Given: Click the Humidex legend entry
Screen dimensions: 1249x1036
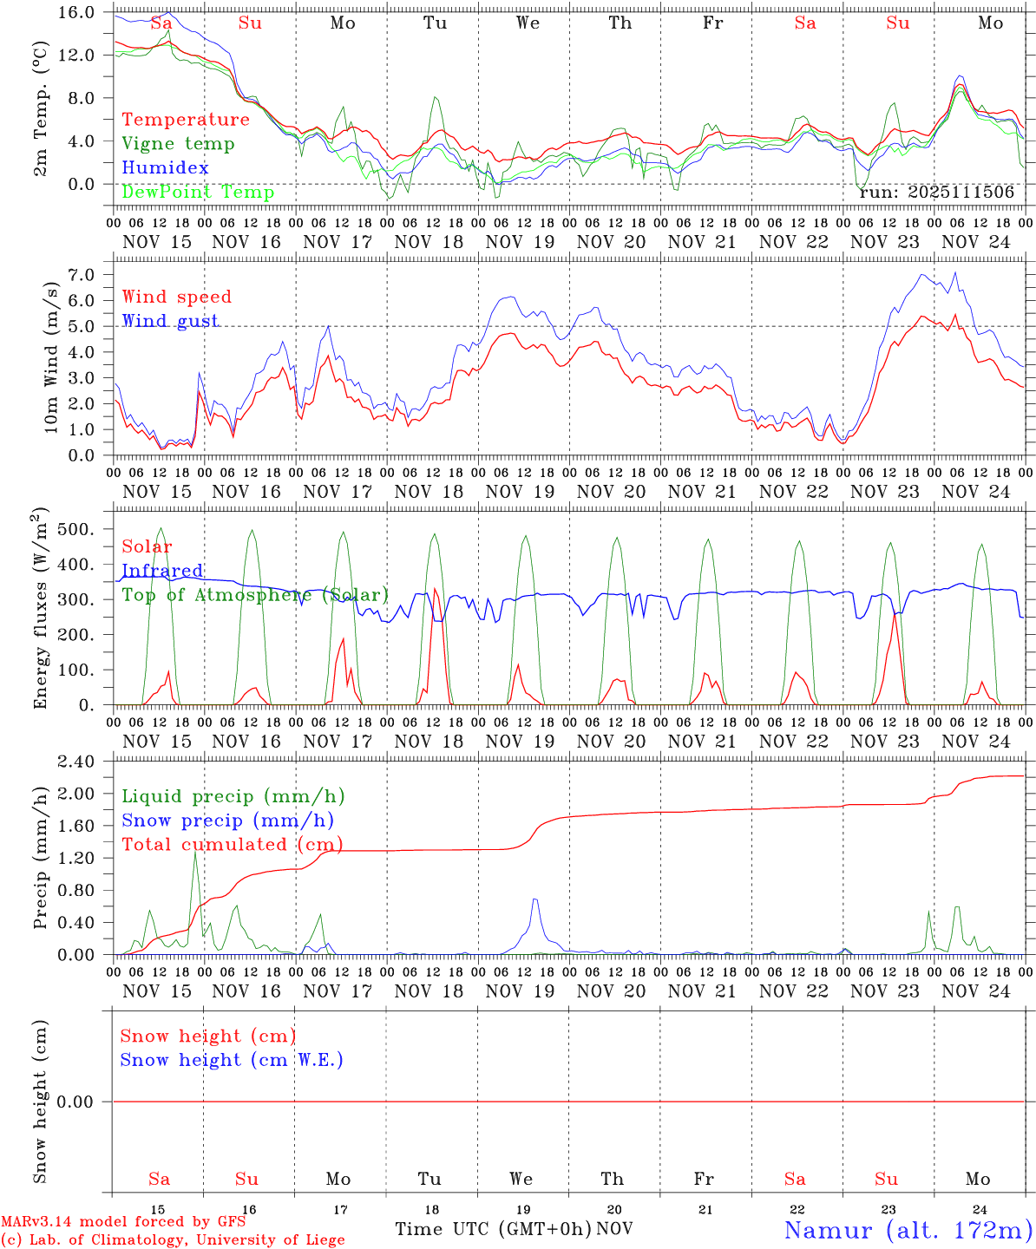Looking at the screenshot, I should point(166,168).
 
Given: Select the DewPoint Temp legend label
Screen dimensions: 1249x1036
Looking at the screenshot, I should point(198,193).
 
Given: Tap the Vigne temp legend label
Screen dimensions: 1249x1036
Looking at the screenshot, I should point(178,144).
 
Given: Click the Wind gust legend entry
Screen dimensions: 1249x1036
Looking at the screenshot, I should point(170,321).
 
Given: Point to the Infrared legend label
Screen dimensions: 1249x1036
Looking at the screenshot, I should point(162,571).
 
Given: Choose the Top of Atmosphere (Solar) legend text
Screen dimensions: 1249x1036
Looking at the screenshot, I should point(255,595).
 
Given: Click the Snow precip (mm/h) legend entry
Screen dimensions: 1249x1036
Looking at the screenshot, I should point(227,821).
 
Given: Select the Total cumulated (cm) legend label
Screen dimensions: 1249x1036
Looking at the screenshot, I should point(232,844).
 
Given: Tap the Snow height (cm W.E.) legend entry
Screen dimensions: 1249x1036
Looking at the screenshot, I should point(232,1060).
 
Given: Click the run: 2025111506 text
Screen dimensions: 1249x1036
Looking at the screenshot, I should point(936,193).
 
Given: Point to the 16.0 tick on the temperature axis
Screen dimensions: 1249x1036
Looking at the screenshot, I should point(77,12).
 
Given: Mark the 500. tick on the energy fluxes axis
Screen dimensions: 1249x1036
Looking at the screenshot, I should point(81,529).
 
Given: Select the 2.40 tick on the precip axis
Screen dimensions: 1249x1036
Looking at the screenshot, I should point(77,762).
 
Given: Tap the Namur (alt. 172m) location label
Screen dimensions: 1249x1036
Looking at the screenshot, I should point(908,1230).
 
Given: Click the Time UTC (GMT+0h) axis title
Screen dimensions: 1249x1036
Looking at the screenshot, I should point(494,1229).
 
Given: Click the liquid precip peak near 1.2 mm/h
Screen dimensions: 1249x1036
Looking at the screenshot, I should point(195,852).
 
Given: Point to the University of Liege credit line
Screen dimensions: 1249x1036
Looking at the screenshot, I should point(174,1240).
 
